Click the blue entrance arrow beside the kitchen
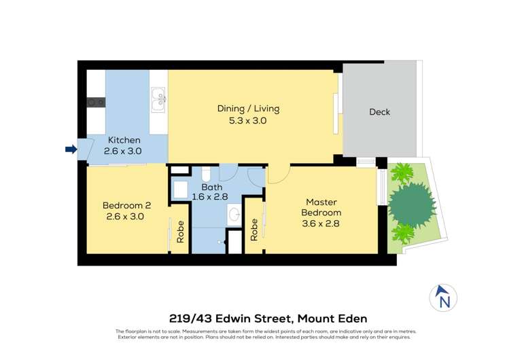71,149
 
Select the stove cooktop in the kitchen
95,103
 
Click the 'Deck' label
379,112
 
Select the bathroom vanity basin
234,215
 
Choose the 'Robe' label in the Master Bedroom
254,230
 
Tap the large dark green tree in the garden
412,202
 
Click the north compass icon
443,297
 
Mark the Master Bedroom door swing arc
279,174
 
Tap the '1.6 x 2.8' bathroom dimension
210,198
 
